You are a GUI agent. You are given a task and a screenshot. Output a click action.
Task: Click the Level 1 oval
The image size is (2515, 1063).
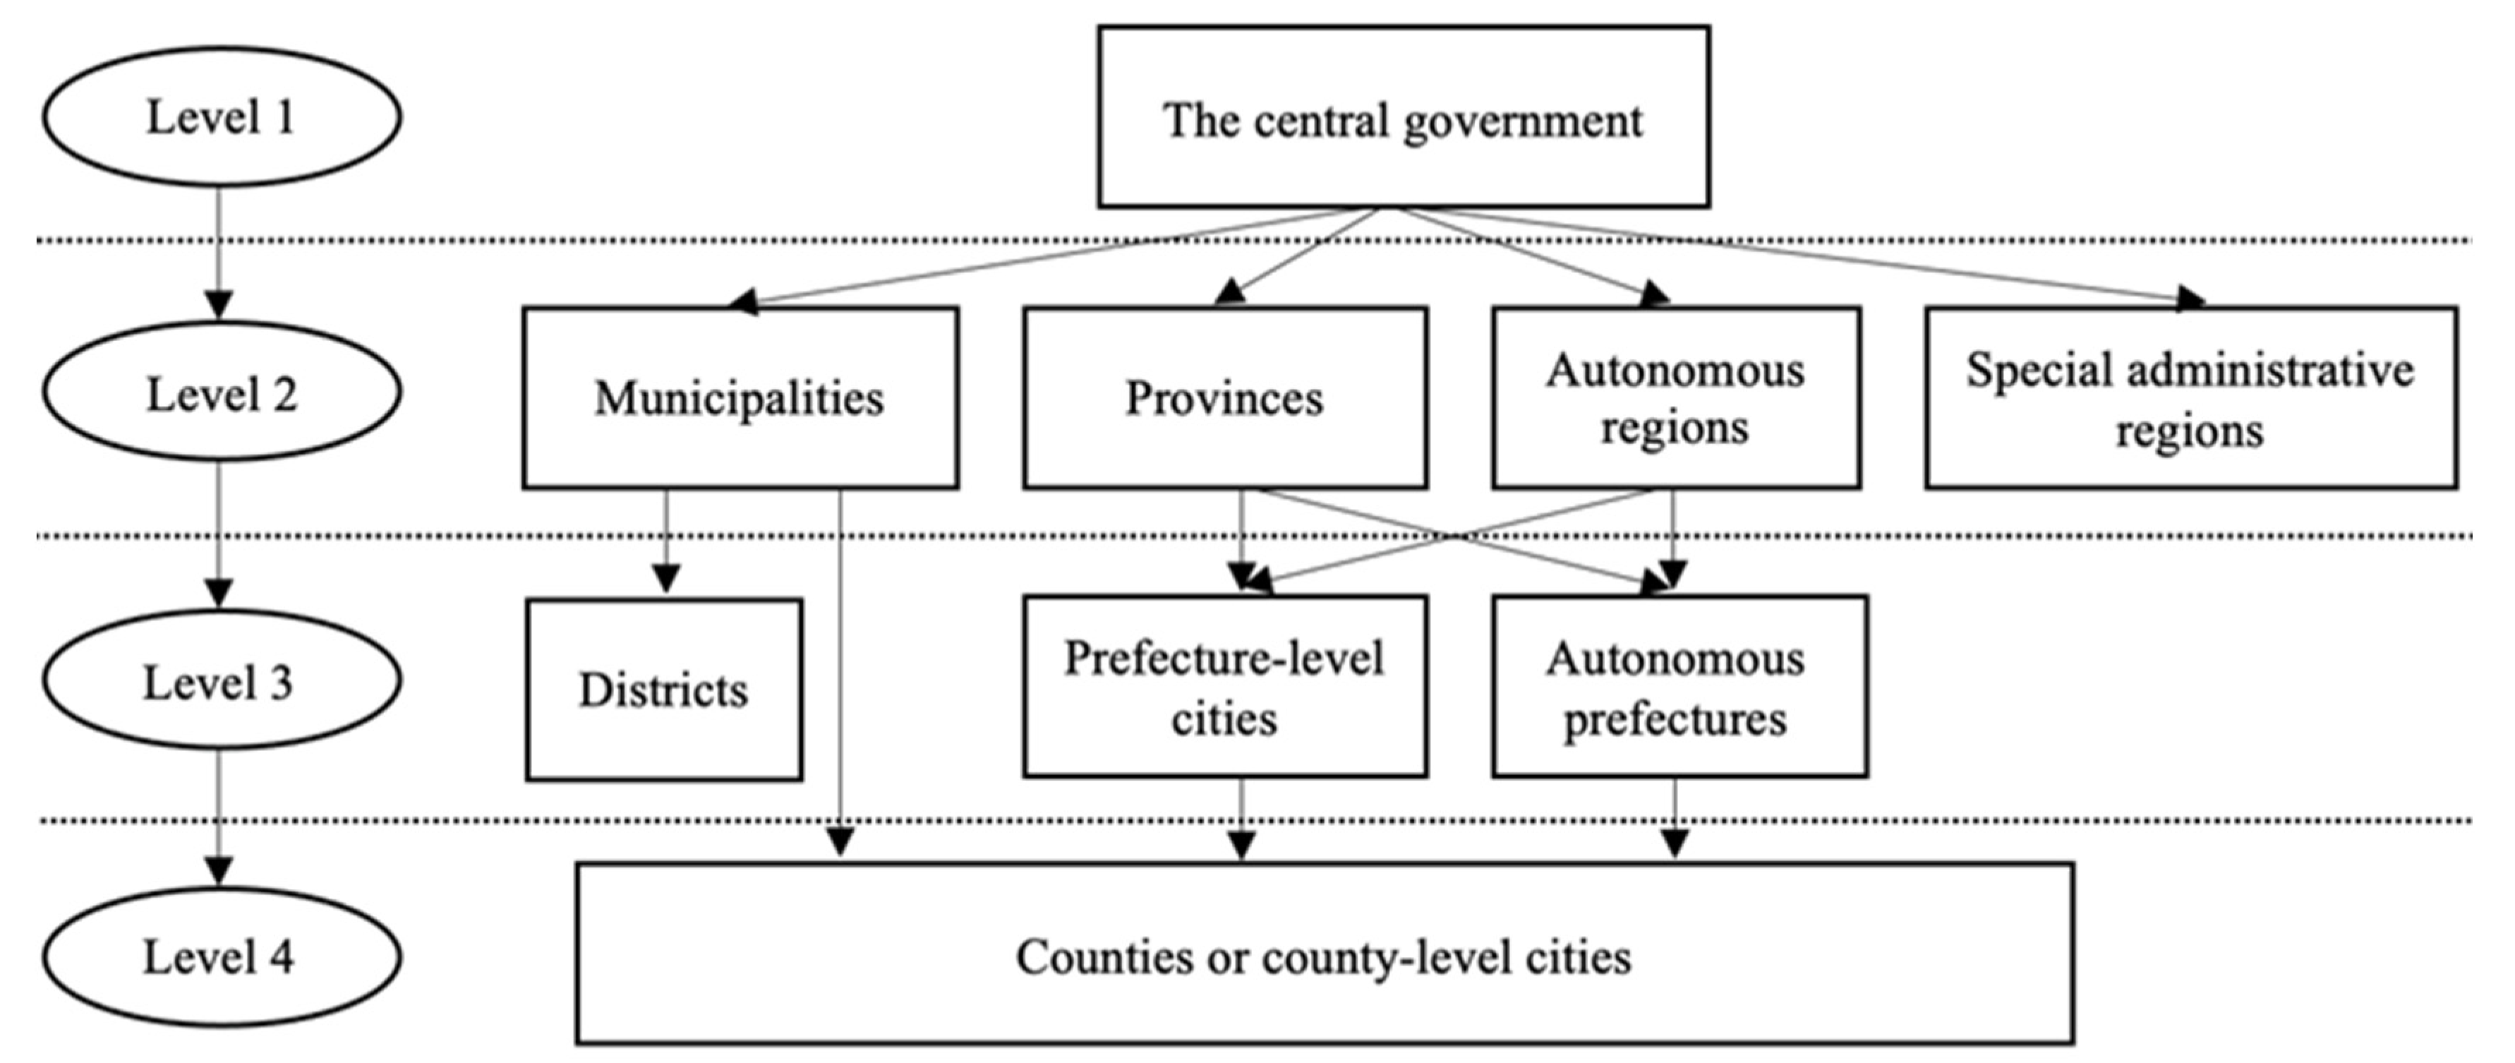click(x=221, y=116)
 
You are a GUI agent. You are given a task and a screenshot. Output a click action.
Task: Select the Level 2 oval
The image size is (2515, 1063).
click(x=221, y=393)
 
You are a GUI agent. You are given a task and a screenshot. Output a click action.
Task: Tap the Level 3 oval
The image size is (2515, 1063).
click(x=221, y=681)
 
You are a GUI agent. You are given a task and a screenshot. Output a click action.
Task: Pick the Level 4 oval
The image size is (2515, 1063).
click(x=221, y=956)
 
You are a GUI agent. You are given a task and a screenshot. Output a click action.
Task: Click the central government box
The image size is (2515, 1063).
click(x=1403, y=117)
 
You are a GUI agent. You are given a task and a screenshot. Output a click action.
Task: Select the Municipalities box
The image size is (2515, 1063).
click(x=740, y=397)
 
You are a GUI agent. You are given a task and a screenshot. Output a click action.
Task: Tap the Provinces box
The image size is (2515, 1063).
click(x=1224, y=397)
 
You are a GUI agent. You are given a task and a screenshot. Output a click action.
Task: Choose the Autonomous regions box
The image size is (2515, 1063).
click(x=1675, y=397)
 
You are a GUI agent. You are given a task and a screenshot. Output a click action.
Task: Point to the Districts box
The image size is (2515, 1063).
click(x=664, y=689)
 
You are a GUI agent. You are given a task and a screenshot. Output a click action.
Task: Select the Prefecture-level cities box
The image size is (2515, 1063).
click(x=1224, y=686)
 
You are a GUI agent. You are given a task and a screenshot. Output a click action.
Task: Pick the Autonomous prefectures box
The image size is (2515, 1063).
click(x=1679, y=686)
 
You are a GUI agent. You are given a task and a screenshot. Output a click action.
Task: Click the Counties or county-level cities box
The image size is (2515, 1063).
click(x=1324, y=954)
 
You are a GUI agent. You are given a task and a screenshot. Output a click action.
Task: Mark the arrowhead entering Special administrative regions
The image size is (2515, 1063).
click(x=2189, y=299)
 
